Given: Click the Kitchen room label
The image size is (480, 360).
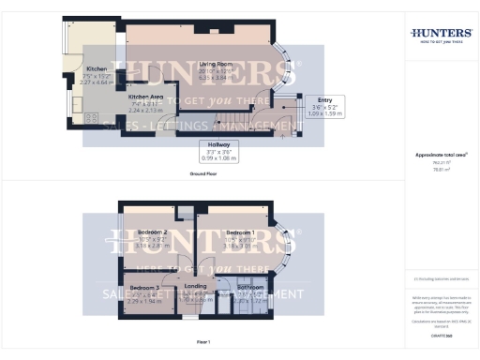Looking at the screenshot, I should point(97,69).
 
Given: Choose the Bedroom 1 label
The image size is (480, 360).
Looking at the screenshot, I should point(241,231).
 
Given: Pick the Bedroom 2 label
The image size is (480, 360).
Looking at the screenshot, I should point(153,231).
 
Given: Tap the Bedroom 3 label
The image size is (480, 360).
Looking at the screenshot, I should point(143,287).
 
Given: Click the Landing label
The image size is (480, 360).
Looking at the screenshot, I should point(196,286).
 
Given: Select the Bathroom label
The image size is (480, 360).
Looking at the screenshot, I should point(250,287).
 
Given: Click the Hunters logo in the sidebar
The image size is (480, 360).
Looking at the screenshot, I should point(441,34).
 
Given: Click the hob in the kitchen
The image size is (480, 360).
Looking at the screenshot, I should point(93,117).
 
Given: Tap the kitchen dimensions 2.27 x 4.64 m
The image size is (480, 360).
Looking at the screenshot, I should point(97,82).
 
